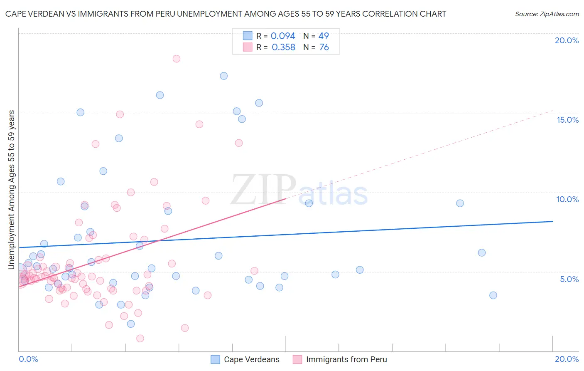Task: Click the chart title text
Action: (x=226, y=14)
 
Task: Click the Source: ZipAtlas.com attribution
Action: (x=547, y=14)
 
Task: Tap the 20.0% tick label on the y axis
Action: (x=567, y=40)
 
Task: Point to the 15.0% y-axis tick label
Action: (x=567, y=120)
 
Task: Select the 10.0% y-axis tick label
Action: (x=567, y=199)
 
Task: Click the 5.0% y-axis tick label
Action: (x=569, y=279)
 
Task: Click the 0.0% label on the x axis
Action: (x=29, y=359)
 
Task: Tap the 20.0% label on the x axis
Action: (x=567, y=359)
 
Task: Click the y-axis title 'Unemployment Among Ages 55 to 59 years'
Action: (x=12, y=189)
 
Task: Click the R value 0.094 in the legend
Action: (x=282, y=36)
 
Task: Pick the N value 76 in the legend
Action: (x=324, y=47)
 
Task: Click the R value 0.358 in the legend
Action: (x=283, y=47)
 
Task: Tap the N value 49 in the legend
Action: (x=324, y=36)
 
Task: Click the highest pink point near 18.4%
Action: (x=177, y=59)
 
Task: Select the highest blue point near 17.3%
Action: (x=224, y=76)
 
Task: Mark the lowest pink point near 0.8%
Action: (x=140, y=339)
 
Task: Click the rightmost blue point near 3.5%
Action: (x=493, y=295)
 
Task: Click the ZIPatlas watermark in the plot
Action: (x=299, y=190)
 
